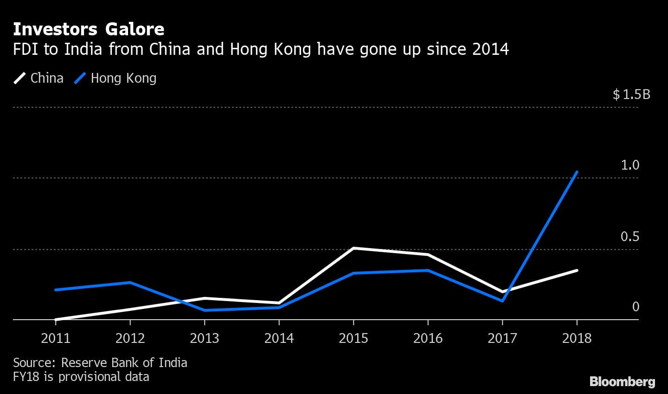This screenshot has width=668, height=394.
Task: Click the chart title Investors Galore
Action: click(x=89, y=29)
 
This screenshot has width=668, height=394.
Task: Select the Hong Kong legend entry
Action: click(x=116, y=78)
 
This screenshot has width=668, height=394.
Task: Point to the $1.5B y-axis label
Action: click(x=631, y=95)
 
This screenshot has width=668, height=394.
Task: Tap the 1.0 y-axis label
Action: click(x=630, y=165)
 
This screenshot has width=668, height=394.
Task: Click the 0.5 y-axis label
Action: click(x=630, y=236)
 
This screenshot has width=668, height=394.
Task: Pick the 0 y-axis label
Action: click(x=636, y=307)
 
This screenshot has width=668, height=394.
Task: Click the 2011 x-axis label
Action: click(x=56, y=338)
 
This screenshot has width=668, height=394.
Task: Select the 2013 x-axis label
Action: click(x=205, y=338)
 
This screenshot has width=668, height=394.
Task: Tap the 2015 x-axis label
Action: click(x=353, y=338)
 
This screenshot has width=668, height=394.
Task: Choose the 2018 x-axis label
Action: click(x=577, y=338)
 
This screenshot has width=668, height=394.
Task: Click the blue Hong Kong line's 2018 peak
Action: click(x=577, y=172)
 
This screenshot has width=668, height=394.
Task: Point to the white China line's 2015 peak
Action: click(x=353, y=248)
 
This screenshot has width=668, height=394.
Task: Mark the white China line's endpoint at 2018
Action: click(x=577, y=270)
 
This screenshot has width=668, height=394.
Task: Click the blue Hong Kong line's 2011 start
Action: click(x=56, y=289)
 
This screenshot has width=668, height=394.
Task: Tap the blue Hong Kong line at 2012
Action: click(x=130, y=282)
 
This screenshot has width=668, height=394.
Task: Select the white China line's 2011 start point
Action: click(x=56, y=319)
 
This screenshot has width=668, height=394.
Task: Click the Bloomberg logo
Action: click(x=622, y=381)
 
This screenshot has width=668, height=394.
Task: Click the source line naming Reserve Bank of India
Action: click(x=100, y=362)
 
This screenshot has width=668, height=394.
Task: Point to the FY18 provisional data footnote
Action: click(x=81, y=376)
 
